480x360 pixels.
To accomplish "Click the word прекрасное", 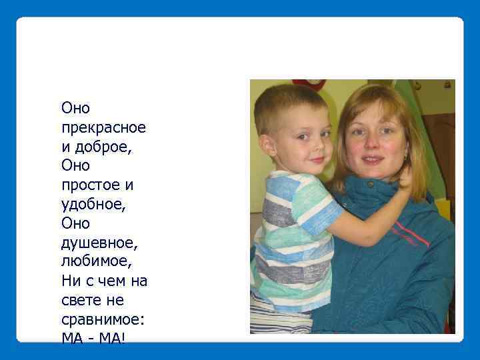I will tap(103, 127).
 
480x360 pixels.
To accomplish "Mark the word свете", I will tap(80, 301).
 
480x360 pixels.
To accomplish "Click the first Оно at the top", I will tap(75, 107).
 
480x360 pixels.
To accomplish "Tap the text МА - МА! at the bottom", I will tap(93, 339).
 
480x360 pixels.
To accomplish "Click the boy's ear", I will tap(268, 145).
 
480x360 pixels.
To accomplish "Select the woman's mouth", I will tap(373, 160).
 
